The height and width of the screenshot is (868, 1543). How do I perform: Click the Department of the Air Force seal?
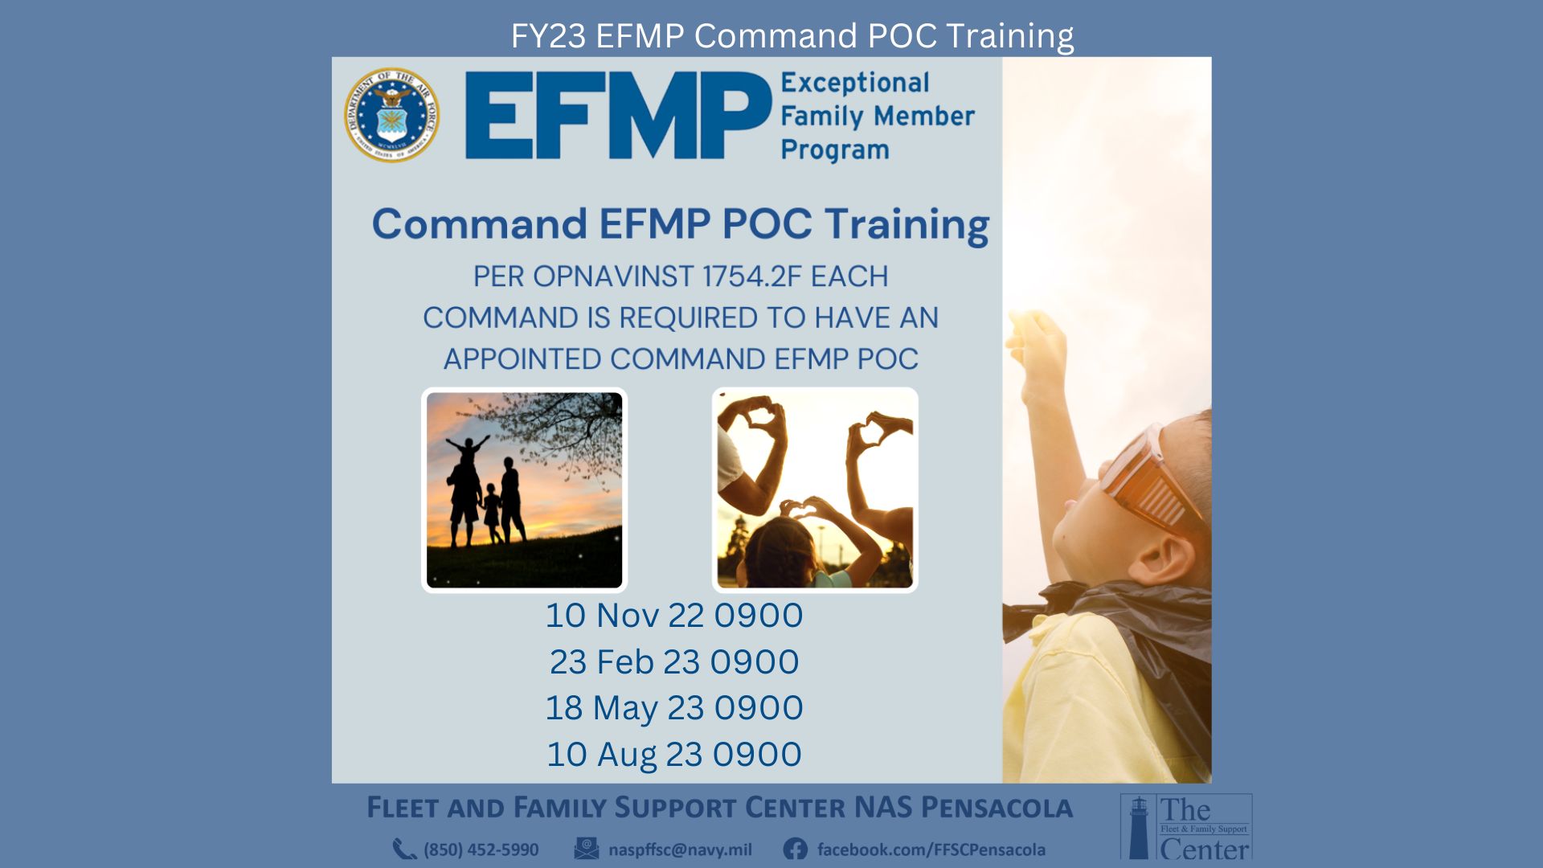(x=392, y=115)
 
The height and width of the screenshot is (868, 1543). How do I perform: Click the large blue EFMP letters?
(x=618, y=116)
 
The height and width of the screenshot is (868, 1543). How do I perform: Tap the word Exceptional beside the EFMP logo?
(x=855, y=83)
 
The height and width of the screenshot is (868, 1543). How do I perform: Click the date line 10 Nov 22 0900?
(x=674, y=616)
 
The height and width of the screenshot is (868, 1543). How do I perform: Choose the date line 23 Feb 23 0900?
(x=674, y=662)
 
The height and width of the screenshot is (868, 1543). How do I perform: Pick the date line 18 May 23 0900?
(x=674, y=708)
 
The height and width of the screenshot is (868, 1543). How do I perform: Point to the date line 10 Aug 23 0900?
(x=674, y=755)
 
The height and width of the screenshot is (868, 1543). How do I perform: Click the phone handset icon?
(x=404, y=850)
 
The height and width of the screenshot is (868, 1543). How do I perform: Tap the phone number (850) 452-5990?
(x=481, y=850)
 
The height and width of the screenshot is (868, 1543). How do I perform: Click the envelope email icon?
(x=587, y=849)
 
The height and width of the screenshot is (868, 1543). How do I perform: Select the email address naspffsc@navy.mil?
(x=680, y=850)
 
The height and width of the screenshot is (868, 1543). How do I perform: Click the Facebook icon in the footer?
(x=795, y=849)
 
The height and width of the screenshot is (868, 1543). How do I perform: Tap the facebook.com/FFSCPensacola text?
(x=931, y=850)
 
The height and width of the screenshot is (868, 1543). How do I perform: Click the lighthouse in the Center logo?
(x=1139, y=828)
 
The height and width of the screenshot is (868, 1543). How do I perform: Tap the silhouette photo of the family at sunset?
(x=524, y=490)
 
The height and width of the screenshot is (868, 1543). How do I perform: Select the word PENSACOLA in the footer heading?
(x=997, y=808)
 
